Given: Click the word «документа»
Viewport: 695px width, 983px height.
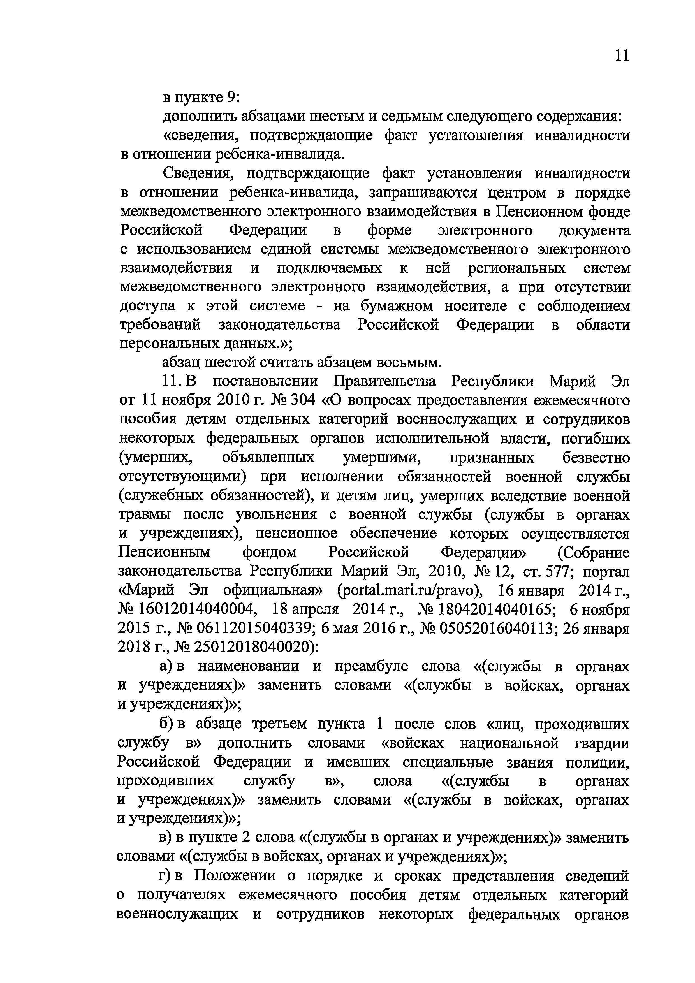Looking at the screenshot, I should point(594,231).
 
